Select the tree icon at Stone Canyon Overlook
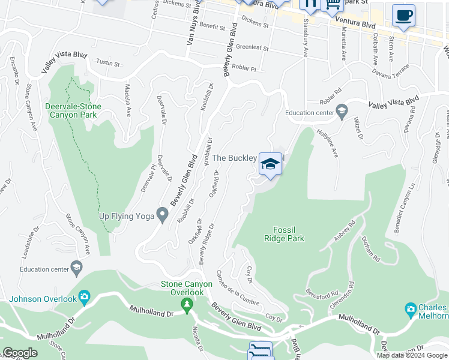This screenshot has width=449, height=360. [x=187, y=305]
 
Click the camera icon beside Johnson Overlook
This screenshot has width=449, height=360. [x=85, y=296]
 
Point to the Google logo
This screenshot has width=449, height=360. [x=20, y=353]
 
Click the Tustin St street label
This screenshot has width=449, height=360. [x=109, y=63]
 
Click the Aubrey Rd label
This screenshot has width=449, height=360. [x=345, y=232]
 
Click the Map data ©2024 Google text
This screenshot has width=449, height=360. [x=411, y=355]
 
